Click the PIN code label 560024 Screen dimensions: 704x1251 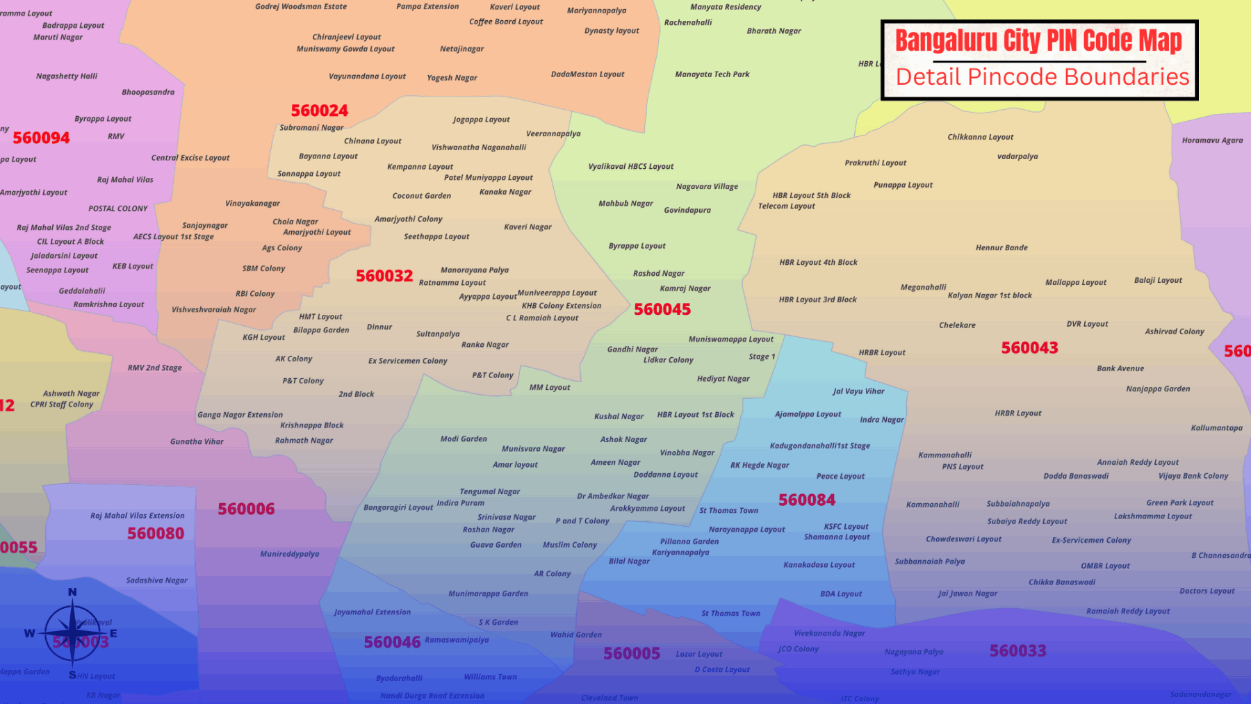coord(320,110)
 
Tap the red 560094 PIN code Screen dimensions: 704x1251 coord(41,138)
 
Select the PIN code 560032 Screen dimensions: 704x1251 coord(384,276)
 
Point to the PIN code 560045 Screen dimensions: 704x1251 coord(662,309)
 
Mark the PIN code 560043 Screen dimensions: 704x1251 coord(1029,347)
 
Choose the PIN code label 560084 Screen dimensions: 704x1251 coord(807,500)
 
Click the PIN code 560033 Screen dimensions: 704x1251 coord(1017,650)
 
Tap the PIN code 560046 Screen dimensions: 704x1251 coord(392,642)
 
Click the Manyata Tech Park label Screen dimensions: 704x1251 coord(712,74)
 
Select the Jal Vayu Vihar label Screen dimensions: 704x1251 coord(858,391)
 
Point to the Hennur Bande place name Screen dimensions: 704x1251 coord(1001,247)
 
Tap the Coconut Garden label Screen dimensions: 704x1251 coord(421,196)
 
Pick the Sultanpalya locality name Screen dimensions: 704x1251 coord(438,334)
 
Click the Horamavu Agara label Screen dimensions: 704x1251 coord(1212,140)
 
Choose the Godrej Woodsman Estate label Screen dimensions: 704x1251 coord(301,7)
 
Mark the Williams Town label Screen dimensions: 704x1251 coord(491,677)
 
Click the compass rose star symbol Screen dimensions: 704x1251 coord(72,632)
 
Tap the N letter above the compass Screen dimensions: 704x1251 coord(72,592)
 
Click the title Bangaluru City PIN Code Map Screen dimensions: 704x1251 coord(1038,40)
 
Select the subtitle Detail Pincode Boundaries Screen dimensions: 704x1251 coord(1042,76)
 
